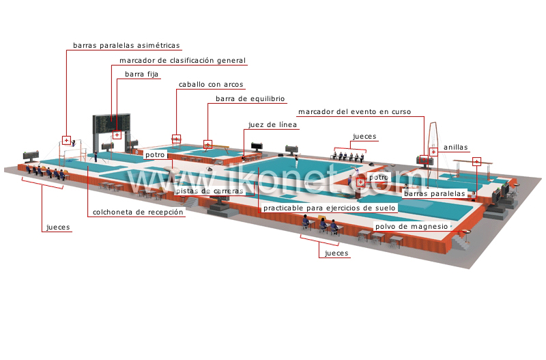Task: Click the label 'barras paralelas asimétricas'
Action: (x=126, y=45)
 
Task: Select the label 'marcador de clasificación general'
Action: (x=182, y=61)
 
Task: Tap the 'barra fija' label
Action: (x=142, y=74)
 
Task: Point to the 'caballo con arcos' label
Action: (x=211, y=84)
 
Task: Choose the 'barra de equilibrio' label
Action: (x=250, y=98)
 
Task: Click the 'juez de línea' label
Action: (x=272, y=125)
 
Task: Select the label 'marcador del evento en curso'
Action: (x=354, y=112)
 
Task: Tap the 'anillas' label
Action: (x=455, y=148)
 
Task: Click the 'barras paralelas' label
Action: (x=435, y=194)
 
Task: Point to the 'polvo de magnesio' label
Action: (x=412, y=227)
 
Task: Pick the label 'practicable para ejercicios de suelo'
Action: (x=330, y=208)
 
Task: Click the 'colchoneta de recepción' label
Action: (x=138, y=212)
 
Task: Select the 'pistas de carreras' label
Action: (x=210, y=191)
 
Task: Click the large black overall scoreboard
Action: (x=111, y=124)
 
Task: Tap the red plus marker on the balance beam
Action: (x=208, y=144)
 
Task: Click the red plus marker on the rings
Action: (x=433, y=152)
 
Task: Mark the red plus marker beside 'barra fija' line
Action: (x=117, y=135)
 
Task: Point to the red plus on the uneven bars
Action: (x=66, y=140)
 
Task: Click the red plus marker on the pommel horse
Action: (x=177, y=139)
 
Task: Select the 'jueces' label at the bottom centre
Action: (x=336, y=253)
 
